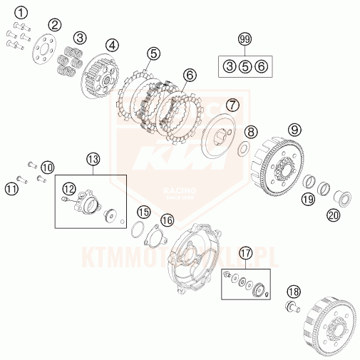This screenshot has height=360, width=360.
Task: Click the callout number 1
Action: click(x=23, y=12)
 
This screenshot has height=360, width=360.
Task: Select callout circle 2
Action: click(x=54, y=26)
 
